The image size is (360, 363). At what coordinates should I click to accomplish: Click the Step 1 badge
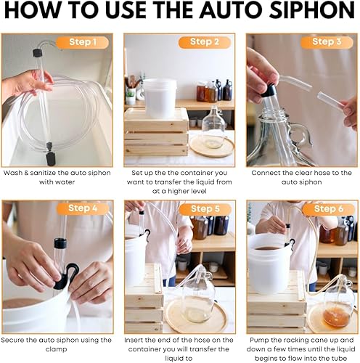click(82, 42)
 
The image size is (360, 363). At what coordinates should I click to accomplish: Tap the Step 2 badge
click(205, 42)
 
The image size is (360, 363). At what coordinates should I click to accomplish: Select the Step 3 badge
click(327, 42)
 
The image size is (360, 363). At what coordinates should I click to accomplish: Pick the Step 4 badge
click(83, 208)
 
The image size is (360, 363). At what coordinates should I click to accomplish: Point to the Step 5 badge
click(205, 209)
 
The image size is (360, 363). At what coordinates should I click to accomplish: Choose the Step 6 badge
click(329, 209)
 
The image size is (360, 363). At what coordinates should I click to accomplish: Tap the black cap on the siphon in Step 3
click(269, 91)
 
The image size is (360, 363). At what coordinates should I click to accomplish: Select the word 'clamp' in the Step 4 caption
click(56, 350)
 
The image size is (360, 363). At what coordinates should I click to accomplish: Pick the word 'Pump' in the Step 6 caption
click(259, 340)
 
